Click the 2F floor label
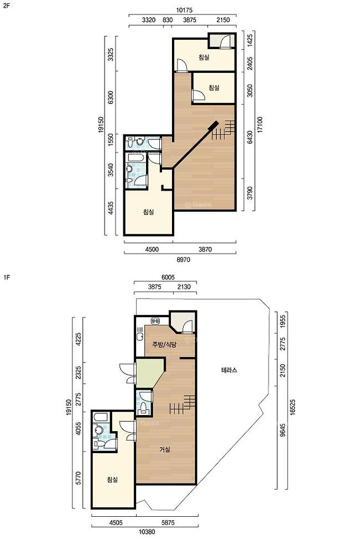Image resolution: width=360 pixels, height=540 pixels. tap(6, 6)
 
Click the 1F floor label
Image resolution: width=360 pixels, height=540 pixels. tap(6, 277)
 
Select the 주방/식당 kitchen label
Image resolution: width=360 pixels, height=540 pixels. tap(164, 344)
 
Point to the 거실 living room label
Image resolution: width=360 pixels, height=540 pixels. tap(165, 449)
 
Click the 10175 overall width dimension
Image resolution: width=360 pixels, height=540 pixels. tap(184, 11)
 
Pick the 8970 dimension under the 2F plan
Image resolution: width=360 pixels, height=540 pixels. tap(183, 260)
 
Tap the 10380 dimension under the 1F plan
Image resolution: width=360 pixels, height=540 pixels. tap(147, 531)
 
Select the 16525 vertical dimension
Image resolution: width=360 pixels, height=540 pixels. tap(293, 407)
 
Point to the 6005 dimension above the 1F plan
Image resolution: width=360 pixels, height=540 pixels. tap(168, 277)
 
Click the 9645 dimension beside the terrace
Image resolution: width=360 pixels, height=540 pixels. tap(283, 430)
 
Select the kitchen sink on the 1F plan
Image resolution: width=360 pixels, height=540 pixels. tap(140, 335)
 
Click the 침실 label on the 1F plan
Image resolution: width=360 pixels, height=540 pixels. tap(112, 479)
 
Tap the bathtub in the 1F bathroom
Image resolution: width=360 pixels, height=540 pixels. tap(101, 417)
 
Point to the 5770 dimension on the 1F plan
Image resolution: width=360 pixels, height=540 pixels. tap(79, 478)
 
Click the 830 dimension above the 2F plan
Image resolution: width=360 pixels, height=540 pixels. tap(167, 20)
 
